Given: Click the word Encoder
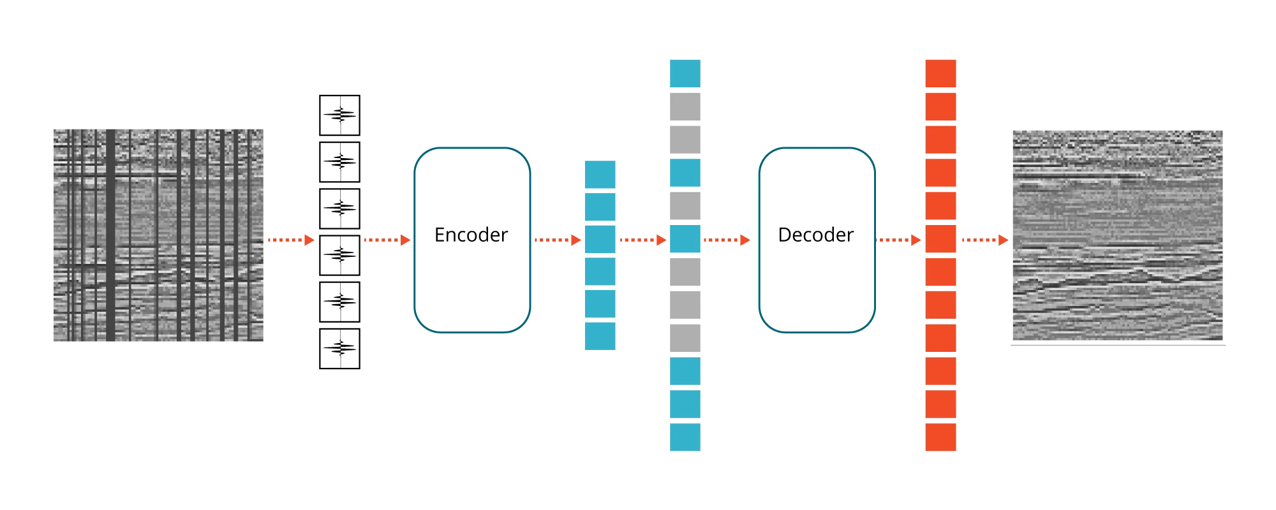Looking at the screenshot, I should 471,235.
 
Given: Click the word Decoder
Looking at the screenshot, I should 815,235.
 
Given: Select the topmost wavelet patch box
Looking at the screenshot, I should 339,115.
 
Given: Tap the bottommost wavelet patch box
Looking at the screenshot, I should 339,349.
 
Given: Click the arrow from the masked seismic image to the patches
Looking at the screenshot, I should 290,240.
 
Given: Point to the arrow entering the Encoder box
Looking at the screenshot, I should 386,240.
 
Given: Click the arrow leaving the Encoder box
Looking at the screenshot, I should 557,240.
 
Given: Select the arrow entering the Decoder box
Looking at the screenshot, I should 726,240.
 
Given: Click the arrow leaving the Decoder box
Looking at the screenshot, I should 898,240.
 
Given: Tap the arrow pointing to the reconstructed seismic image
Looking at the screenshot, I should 984,240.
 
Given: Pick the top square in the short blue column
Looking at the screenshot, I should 599,174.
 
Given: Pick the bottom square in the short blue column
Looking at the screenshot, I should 599,336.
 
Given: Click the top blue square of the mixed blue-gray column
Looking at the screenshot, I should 685,73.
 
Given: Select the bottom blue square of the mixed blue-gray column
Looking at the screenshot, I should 685,437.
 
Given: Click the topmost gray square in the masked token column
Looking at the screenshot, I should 685,107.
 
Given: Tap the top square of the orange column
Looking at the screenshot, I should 941,73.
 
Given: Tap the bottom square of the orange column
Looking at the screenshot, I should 941,437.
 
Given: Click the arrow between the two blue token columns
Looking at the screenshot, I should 641,240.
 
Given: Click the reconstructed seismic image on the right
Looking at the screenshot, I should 1118,235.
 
